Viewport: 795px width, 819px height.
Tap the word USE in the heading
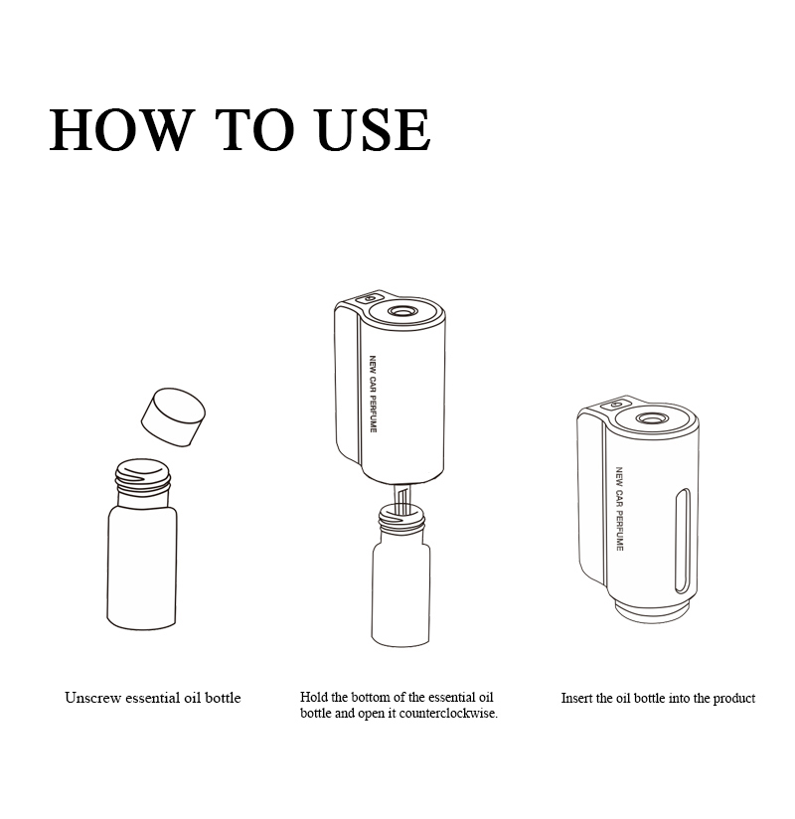(x=374, y=130)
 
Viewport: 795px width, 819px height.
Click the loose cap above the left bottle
(x=173, y=416)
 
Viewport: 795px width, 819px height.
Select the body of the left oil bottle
(x=141, y=567)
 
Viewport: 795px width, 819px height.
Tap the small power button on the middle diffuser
(x=367, y=299)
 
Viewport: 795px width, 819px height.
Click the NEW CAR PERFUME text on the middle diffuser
(x=373, y=394)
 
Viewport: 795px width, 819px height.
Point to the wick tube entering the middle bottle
(x=401, y=498)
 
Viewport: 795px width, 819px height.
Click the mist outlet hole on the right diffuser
(x=650, y=418)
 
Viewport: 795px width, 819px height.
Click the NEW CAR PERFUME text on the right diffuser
(x=619, y=508)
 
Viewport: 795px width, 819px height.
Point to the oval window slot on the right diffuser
(x=682, y=541)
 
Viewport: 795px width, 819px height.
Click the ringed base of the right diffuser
(x=655, y=611)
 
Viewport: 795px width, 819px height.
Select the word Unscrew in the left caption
(x=93, y=698)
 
